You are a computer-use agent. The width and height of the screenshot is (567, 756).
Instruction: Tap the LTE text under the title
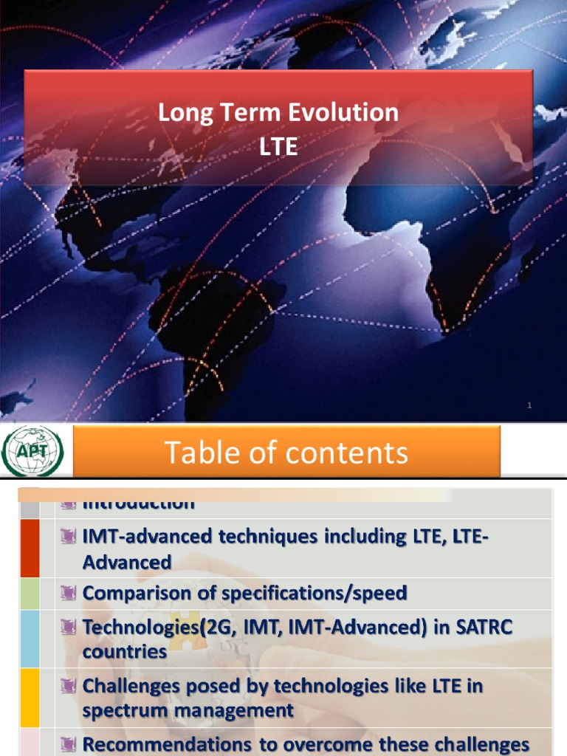tap(279, 147)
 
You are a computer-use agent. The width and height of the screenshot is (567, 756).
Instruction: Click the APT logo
tap(34, 451)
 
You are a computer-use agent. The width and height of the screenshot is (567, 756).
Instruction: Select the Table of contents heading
tap(286, 452)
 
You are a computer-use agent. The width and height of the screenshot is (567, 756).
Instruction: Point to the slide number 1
tap(529, 405)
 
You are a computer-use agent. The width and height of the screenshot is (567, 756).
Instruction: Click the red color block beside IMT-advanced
tap(30, 548)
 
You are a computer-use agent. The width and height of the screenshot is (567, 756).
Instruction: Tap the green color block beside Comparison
tap(30, 594)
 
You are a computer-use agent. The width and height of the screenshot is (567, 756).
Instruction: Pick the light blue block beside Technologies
tap(30, 639)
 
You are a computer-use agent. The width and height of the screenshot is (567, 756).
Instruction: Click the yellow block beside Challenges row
tap(30, 698)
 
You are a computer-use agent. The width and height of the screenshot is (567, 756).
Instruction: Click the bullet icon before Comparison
tap(69, 593)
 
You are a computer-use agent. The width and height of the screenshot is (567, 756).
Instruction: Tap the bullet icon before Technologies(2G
tap(69, 627)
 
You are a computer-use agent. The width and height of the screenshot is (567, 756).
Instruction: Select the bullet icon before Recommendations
tap(69, 745)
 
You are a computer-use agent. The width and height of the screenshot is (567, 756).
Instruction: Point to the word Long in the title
tap(182, 113)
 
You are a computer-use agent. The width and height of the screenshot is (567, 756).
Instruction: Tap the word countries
tap(125, 651)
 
